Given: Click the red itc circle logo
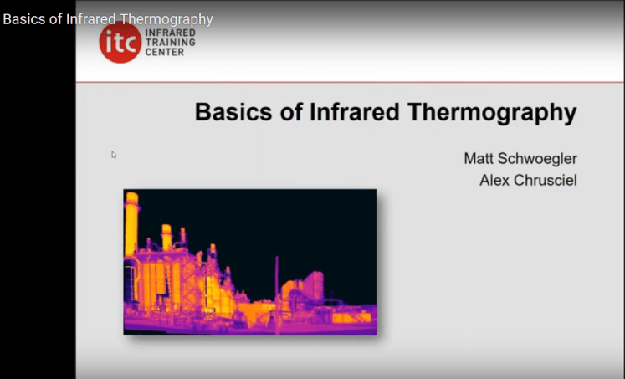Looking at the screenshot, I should point(120,42).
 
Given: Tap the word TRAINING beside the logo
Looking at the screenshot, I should point(171,41).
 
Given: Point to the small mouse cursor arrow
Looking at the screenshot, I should point(114,154).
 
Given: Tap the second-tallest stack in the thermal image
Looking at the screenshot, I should point(166,238).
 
